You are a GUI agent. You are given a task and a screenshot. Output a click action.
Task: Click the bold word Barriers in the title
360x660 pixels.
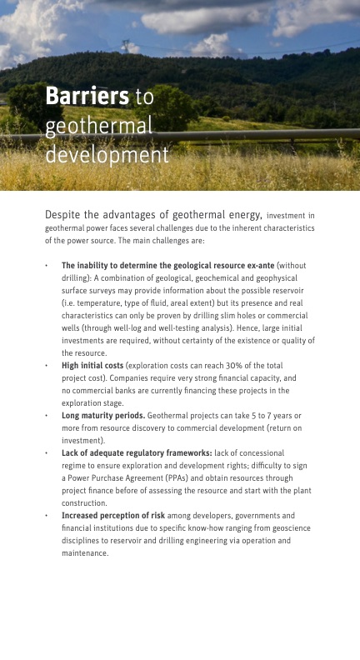pyautogui.click(x=87, y=97)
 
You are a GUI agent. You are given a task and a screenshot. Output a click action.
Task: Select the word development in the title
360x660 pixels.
pyautogui.click(x=107, y=155)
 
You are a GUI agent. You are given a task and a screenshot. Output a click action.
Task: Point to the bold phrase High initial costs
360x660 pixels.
pyautogui.click(x=92, y=365)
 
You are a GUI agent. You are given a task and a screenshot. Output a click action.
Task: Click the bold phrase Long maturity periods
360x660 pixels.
pyautogui.click(x=103, y=415)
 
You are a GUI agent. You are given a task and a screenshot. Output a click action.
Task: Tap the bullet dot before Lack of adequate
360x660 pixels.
pyautogui.click(x=47, y=452)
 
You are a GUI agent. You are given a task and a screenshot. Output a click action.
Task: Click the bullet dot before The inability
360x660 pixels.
pyautogui.click(x=47, y=265)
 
